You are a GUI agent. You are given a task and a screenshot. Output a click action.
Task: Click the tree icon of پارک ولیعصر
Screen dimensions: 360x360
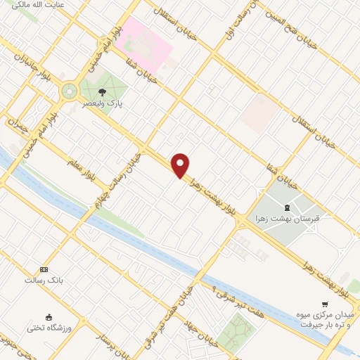pyautogui.click(x=102, y=91)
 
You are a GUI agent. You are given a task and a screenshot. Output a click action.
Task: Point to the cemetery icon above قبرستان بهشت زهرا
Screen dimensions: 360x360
pyautogui.click(x=286, y=207)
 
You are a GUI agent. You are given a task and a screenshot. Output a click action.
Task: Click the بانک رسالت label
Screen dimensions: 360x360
pyautogui.click(x=44, y=280)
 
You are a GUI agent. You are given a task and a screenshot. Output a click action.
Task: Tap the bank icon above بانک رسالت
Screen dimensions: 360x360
pyautogui.click(x=44, y=269)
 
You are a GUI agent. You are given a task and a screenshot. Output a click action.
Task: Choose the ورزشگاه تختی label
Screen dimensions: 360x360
pyautogui.click(x=48, y=328)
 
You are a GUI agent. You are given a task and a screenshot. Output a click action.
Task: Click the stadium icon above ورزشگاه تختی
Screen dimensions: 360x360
pyautogui.click(x=48, y=317)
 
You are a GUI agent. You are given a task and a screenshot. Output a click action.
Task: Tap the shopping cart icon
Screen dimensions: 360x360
pyautogui.click(x=324, y=304)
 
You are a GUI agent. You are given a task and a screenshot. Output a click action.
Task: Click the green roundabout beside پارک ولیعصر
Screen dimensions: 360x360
pyautogui.click(x=69, y=91)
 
